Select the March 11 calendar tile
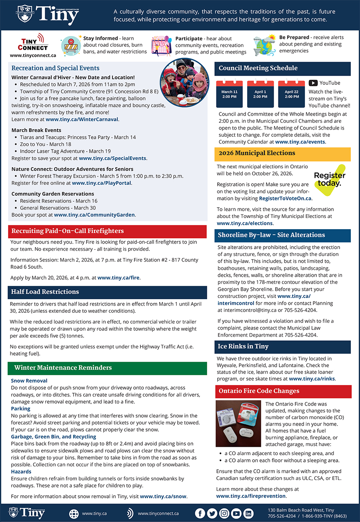click(230, 94)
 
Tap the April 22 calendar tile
click(292, 94)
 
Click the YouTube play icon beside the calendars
click(313, 83)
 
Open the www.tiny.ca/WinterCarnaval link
click(82, 119)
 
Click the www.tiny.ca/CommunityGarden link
click(94, 215)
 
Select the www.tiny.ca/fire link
click(119, 278)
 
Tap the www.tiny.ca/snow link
click(163, 496)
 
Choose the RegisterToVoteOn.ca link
click(285, 198)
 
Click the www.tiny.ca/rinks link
click(312, 379)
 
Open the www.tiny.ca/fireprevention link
click(251, 496)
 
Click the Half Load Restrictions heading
click(45, 292)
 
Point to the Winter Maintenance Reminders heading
click(63, 368)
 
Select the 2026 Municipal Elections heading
click(257, 153)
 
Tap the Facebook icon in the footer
click(200, 514)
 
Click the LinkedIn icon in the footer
click(248, 514)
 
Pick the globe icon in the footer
click(74, 514)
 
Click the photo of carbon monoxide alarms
click(238, 424)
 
